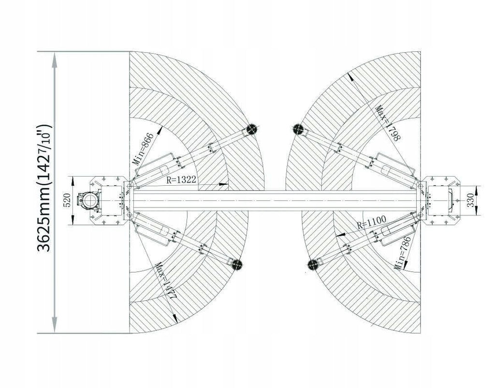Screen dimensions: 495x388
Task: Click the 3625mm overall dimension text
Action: click(44, 188)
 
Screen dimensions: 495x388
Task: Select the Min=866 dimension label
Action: click(143, 149)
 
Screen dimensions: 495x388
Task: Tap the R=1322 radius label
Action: click(181, 180)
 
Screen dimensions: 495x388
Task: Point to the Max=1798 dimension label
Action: click(388, 123)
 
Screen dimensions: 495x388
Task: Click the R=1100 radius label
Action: click(371, 222)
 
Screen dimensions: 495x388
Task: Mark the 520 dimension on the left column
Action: click(67, 200)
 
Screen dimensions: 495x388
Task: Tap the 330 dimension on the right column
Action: click(470, 200)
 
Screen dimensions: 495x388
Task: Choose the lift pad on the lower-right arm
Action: click(313, 265)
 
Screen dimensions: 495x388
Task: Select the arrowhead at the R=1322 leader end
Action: click(223, 183)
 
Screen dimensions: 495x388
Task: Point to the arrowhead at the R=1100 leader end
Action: click(341, 235)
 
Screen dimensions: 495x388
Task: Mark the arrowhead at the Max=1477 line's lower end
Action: click(175, 318)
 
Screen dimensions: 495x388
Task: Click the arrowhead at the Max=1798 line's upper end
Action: click(350, 77)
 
